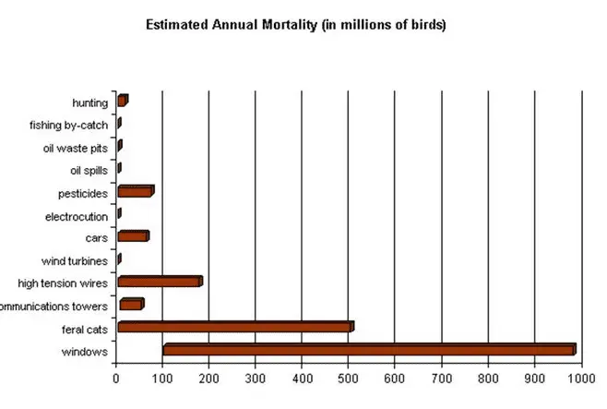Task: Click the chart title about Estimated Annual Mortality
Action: point(296,25)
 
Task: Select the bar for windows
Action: point(368,350)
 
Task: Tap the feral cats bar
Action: point(234,327)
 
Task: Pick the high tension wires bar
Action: point(159,282)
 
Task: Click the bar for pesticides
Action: point(135,191)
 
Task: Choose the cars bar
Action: point(132,236)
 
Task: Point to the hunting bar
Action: point(122,101)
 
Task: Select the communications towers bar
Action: point(131,305)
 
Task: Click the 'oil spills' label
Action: point(89,170)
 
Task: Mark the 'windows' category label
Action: point(85,352)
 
